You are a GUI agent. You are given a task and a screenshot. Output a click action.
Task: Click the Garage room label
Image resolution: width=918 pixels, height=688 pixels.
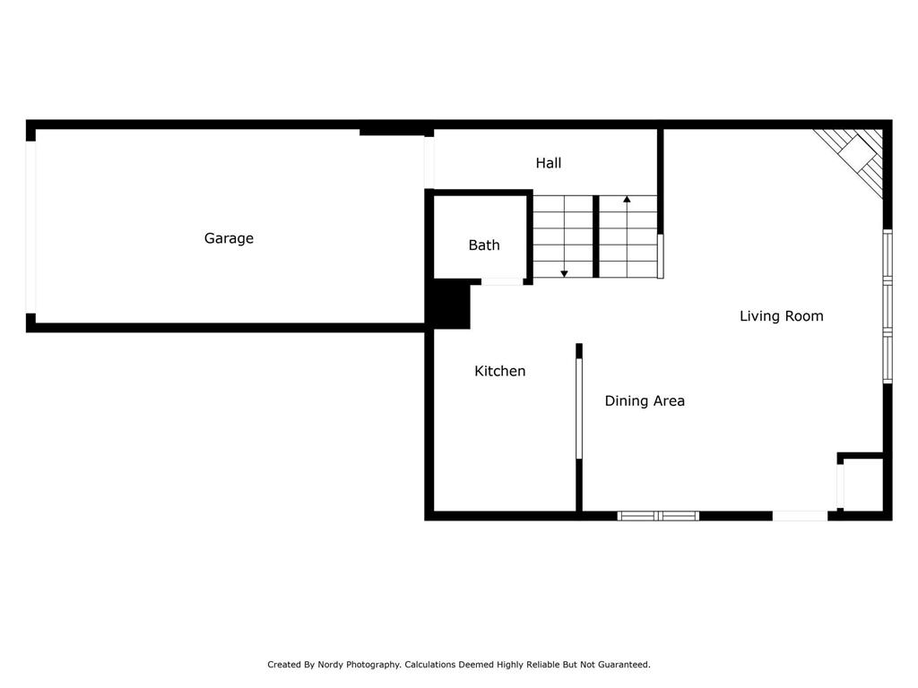[x=229, y=238]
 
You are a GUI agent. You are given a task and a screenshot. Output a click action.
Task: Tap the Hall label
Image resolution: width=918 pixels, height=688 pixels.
[x=549, y=163]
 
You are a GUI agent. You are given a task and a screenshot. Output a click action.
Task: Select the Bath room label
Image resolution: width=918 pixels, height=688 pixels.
[x=484, y=245]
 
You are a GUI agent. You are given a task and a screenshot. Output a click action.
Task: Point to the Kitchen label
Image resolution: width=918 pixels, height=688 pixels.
[x=500, y=371]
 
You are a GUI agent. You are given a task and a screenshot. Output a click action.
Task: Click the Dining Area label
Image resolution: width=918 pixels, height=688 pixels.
[x=645, y=401]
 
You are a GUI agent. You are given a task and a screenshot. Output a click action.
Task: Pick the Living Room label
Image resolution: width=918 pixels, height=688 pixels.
[x=781, y=316]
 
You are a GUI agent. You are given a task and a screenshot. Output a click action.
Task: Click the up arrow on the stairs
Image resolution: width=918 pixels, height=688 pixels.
[x=628, y=199]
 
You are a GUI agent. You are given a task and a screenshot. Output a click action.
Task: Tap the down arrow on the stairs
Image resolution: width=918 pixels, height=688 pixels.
[x=564, y=272]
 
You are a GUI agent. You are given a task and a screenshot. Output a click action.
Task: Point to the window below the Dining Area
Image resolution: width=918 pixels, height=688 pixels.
[x=658, y=515]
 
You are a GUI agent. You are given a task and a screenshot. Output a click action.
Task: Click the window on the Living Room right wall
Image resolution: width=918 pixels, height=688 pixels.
[x=888, y=307]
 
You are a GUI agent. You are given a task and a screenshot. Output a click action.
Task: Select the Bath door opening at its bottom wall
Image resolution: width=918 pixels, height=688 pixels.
[x=502, y=282]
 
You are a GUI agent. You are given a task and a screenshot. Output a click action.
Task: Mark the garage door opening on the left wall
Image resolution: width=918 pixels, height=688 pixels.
[x=30, y=228]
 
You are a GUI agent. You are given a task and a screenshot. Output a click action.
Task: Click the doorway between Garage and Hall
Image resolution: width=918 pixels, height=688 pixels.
[x=429, y=162]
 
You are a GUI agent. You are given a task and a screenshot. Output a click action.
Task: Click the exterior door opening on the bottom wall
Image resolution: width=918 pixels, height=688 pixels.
[x=800, y=515]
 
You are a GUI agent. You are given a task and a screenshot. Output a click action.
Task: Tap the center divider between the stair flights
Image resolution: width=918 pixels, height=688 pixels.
[x=595, y=236]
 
